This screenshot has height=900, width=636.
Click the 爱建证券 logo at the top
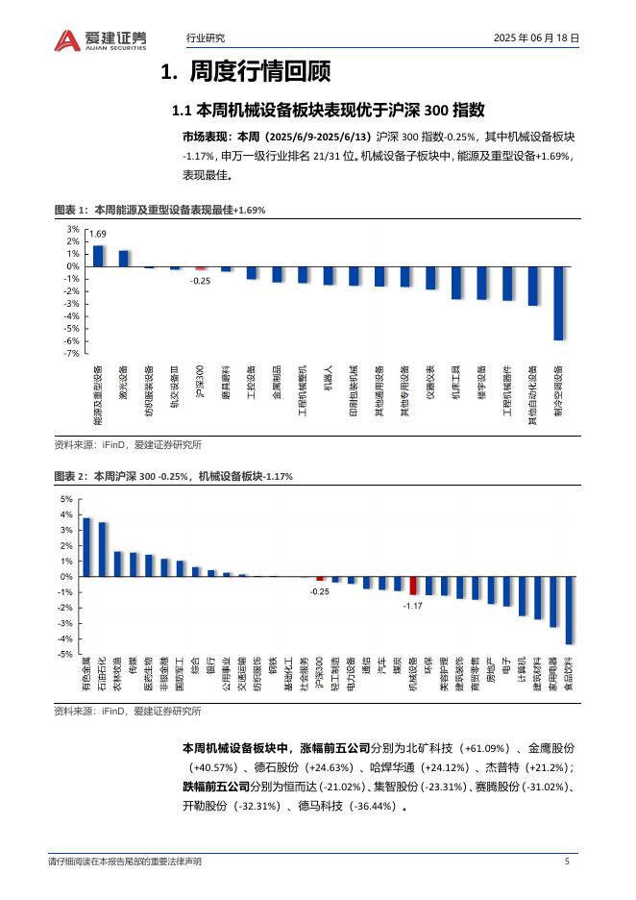(x=101, y=39)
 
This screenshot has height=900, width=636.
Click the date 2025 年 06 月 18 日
(x=535, y=38)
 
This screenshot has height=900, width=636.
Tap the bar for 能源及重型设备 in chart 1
(x=98, y=256)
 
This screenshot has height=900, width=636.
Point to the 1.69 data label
(x=98, y=235)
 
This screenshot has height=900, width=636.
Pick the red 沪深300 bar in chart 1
(x=201, y=268)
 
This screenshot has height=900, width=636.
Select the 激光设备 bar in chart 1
(x=124, y=258)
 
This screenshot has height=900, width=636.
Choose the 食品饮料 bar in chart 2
(x=569, y=610)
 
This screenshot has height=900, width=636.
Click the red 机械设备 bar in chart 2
(x=413, y=586)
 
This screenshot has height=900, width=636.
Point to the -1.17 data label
(x=413, y=606)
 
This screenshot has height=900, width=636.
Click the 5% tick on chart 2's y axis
(x=66, y=499)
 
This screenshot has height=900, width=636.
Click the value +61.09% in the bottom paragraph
(x=488, y=747)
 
